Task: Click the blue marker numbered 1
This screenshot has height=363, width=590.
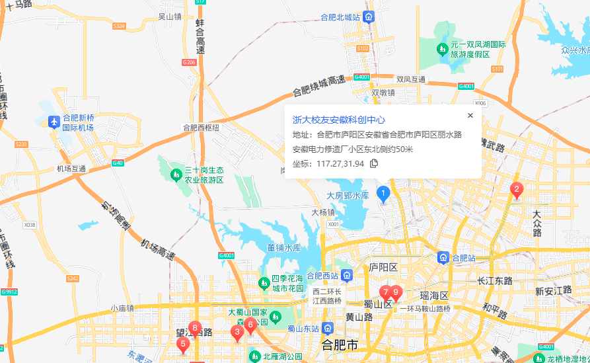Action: tap(383, 194)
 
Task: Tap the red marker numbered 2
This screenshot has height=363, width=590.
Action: tap(517, 190)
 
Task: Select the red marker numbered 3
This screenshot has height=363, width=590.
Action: tap(237, 333)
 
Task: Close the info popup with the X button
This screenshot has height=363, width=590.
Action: tap(470, 115)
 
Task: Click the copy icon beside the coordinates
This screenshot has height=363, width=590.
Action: tap(374, 164)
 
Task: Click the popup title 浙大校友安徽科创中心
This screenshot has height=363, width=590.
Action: tap(339, 120)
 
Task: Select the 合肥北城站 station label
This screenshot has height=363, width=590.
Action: tap(340, 17)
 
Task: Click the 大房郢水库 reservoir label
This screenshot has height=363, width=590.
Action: tap(348, 196)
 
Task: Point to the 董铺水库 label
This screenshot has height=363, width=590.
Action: tap(283, 248)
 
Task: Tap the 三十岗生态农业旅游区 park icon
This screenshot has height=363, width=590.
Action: tap(176, 175)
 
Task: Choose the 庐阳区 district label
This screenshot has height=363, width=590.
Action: tap(383, 267)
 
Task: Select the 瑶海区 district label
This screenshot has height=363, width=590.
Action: tap(434, 296)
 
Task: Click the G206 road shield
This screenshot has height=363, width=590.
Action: tap(189, 62)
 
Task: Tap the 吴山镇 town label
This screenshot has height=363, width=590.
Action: tap(170, 17)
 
